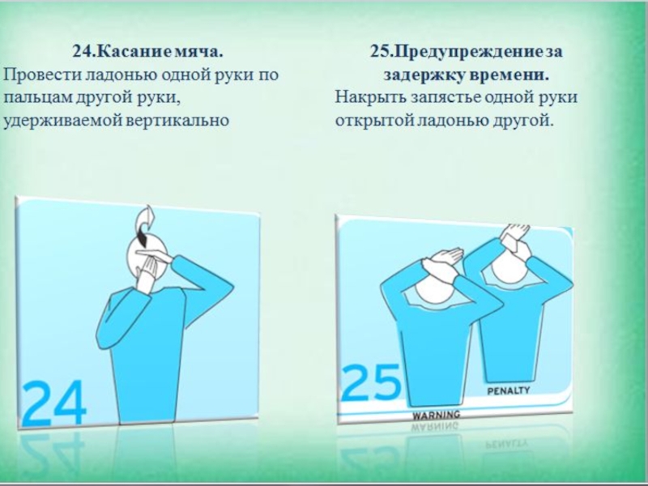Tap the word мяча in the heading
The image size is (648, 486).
coord(198,52)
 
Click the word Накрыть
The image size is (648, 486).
coord(370,97)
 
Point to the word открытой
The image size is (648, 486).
coord(373,121)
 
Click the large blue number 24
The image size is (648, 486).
coord(54,403)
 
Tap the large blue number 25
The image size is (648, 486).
coord(371,382)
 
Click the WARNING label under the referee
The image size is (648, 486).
coord(437,414)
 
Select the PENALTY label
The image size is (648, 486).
coord(509,390)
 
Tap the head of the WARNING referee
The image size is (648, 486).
coord(434,289)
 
